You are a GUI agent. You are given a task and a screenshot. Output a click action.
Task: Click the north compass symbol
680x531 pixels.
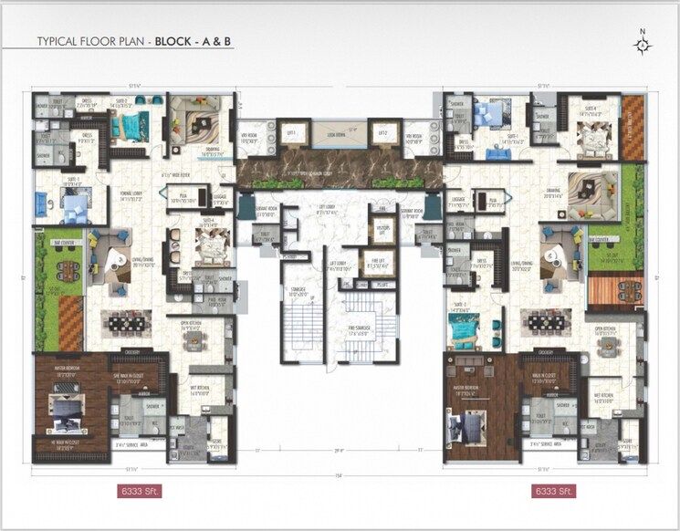[x=643, y=43]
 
